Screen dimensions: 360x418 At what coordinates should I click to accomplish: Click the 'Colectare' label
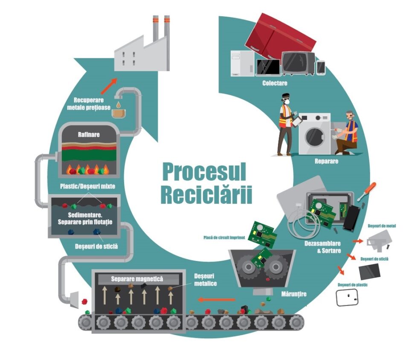275,83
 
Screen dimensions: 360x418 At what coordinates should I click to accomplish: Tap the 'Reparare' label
328,162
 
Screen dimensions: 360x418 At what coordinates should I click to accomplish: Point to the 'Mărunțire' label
294,294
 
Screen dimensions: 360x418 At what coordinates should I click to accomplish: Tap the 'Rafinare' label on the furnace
89,134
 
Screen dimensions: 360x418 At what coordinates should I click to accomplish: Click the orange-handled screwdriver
366,191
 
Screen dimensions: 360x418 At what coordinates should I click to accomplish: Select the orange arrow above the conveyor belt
218,299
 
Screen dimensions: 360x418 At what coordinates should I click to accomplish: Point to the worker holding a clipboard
285,124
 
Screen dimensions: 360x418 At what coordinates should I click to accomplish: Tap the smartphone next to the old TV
321,67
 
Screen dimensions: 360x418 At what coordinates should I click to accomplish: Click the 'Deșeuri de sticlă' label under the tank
96,246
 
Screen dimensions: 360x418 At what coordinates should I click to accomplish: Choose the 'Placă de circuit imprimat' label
224,238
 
